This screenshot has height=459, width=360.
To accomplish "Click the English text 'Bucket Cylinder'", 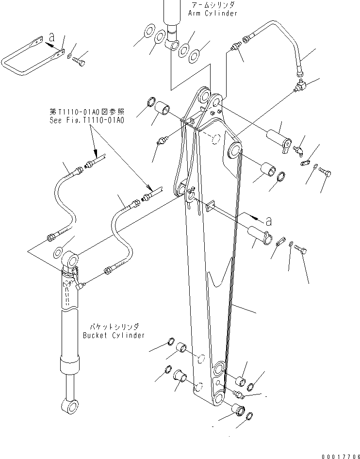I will (114, 335).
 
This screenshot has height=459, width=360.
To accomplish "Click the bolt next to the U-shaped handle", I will (79, 62).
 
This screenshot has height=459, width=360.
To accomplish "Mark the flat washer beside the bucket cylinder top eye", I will (58, 252).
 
